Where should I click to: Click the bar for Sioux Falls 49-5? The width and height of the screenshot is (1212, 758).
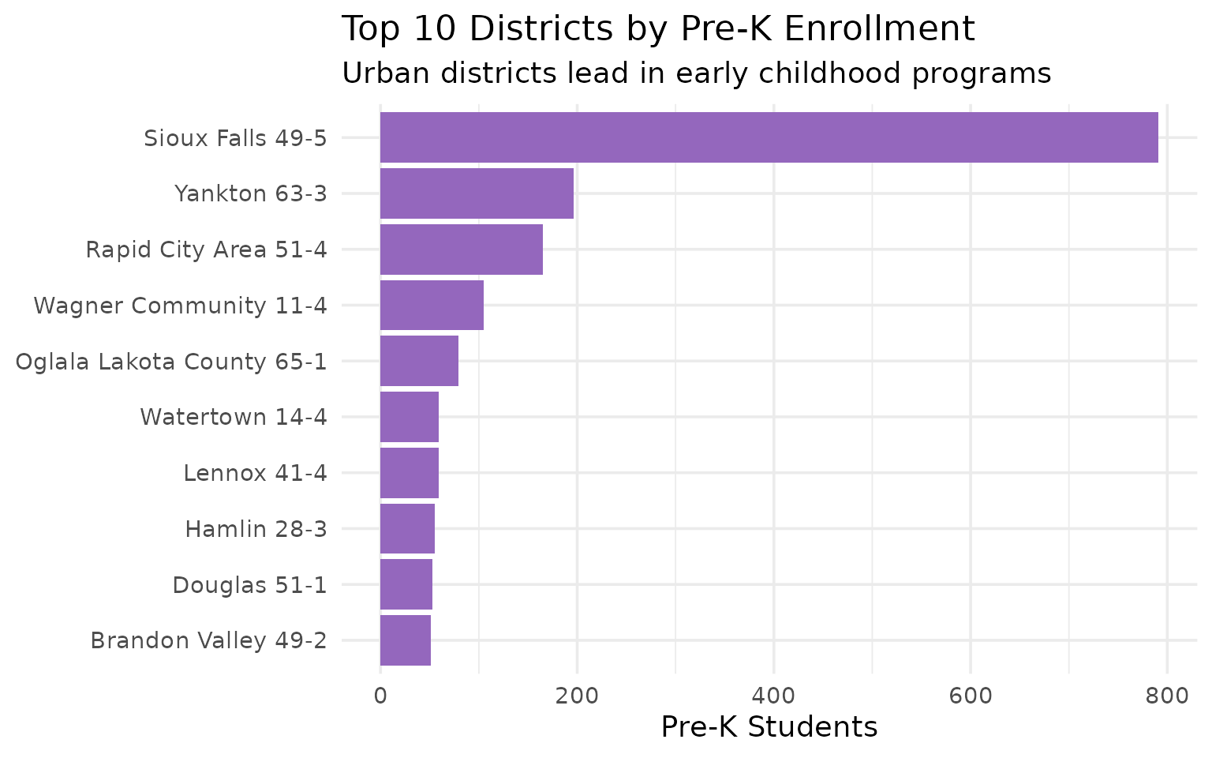point(769,137)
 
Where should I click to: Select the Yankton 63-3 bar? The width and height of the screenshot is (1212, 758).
point(477,193)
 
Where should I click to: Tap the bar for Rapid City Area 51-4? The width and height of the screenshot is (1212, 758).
point(461,250)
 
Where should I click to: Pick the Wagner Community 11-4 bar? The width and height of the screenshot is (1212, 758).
point(432,305)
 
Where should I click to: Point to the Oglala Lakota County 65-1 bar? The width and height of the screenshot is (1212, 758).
point(419,361)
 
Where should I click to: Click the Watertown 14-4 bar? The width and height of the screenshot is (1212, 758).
point(409,417)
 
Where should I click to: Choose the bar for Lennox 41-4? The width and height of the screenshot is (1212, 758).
point(409,473)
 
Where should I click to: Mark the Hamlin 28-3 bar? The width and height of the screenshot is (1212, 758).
point(407,528)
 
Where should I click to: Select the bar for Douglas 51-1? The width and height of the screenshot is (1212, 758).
point(406,584)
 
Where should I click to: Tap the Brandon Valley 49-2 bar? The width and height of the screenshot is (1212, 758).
point(405,640)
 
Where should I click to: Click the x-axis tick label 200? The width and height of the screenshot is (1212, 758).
point(577,696)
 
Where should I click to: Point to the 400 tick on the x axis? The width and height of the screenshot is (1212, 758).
point(773,696)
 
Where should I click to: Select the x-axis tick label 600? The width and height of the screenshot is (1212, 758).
point(971,696)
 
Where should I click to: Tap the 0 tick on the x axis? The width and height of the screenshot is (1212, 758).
point(380,696)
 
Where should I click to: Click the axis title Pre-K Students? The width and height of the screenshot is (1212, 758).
point(769,727)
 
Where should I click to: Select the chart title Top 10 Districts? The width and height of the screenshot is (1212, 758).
point(658,30)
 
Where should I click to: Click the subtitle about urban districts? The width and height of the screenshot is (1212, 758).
point(696,73)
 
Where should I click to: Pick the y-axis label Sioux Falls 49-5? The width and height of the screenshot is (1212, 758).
point(235,138)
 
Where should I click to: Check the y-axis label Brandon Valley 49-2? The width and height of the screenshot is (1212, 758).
point(208,640)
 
